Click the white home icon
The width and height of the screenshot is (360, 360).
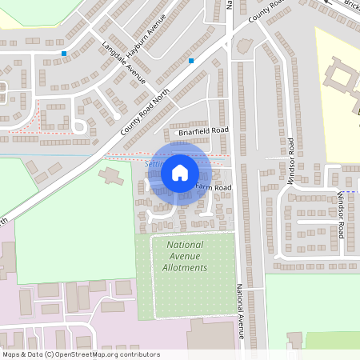pos(180,172)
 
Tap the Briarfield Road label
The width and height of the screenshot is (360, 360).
pos(203,130)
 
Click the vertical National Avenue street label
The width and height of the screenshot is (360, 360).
pos(238,312)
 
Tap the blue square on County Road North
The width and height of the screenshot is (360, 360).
pos(191,60)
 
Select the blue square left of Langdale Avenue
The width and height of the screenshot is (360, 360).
pos(63,54)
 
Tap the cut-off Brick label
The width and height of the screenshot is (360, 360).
pos(351,5)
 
